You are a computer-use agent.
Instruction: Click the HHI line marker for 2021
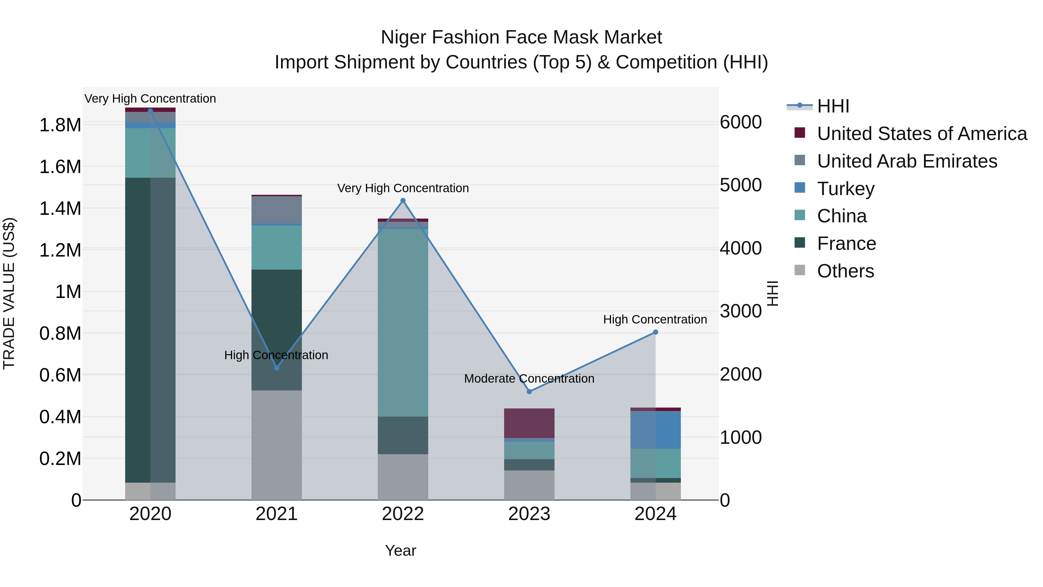pos(277,368)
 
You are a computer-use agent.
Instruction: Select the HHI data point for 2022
pos(403,201)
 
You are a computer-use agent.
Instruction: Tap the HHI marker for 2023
pos(529,392)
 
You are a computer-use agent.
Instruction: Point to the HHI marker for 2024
pos(656,332)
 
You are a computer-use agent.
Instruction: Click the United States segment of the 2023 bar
pos(529,423)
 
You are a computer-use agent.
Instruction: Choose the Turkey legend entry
pos(845,189)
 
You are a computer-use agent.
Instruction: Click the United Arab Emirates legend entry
pos(907,161)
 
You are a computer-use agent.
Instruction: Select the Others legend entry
pos(845,271)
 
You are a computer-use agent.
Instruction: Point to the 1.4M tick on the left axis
pos(60,209)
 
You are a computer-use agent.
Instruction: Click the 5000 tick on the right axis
pos(741,185)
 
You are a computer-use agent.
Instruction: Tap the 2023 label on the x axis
pos(529,514)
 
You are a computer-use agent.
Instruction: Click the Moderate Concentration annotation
pos(529,379)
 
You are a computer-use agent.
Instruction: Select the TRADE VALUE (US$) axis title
pos(9,293)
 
